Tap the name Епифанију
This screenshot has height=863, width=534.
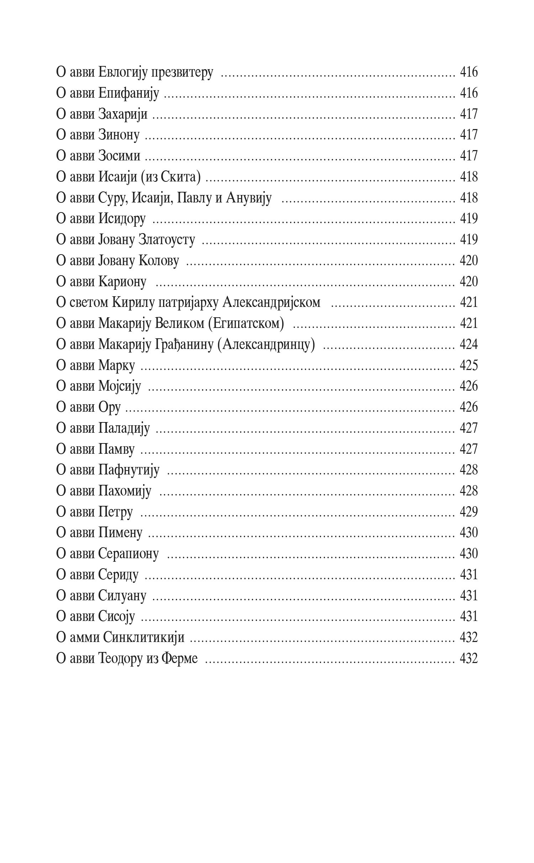[128, 93]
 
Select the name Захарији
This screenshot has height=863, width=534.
[122, 114]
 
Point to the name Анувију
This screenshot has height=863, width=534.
[248, 198]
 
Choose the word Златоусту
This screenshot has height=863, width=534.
[167, 240]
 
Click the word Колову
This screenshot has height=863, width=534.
[158, 261]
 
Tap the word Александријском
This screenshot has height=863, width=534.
[271, 303]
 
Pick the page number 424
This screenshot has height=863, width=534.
[468, 345]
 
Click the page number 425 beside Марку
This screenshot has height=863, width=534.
[468, 366]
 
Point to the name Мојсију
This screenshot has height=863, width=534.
[120, 387]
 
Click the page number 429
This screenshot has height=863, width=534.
[468, 512]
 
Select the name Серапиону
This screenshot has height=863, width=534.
[128, 554]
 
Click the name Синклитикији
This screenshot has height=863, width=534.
[143, 638]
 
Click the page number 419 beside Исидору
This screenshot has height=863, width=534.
[468, 219]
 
